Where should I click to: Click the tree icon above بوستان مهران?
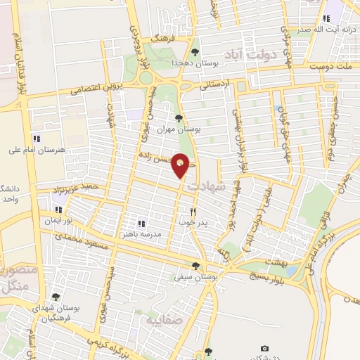[178, 118]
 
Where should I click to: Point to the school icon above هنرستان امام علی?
[37, 139]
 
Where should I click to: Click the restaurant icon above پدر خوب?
[193, 211]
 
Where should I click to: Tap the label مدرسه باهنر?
[141, 233]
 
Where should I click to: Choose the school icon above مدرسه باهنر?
[141, 223]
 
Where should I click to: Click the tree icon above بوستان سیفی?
[195, 266]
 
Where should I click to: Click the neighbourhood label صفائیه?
[163, 321]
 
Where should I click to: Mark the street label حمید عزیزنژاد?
[75, 187]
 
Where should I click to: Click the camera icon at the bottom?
[264, 349]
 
